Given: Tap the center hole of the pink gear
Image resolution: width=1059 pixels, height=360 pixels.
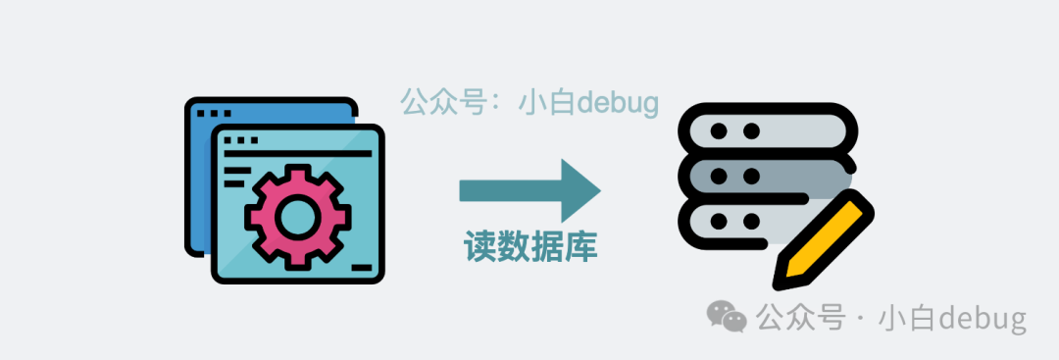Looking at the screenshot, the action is click(x=293, y=214).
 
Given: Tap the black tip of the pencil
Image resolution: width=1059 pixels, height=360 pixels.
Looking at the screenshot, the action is click(x=782, y=279).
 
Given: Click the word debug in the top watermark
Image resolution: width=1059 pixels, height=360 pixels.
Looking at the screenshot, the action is click(x=618, y=102).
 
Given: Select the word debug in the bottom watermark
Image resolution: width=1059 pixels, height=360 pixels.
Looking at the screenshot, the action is click(x=982, y=318).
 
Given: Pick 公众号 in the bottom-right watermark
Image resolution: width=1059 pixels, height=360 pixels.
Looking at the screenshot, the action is click(x=800, y=318).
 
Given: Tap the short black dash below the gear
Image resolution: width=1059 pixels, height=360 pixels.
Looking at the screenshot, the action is click(x=361, y=266).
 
